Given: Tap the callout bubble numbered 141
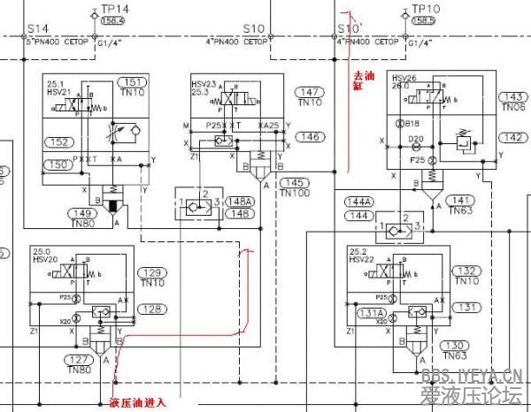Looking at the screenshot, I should click(x=459, y=200).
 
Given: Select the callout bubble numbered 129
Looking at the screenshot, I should click(x=152, y=272).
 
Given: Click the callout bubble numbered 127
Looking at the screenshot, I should click(x=81, y=360).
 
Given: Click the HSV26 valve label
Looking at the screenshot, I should click(x=404, y=77).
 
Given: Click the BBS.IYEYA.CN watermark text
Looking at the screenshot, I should click(x=479, y=373).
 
